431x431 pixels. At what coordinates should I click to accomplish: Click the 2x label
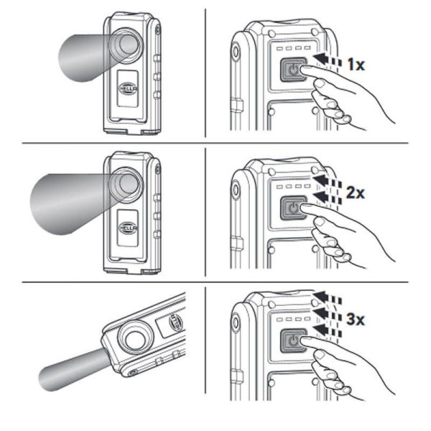[355, 194]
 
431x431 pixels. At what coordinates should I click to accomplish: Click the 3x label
[355, 321]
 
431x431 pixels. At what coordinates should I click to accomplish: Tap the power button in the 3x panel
[295, 340]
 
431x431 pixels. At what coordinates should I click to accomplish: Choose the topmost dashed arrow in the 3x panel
[328, 293]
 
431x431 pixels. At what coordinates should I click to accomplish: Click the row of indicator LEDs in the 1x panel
[294, 50]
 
